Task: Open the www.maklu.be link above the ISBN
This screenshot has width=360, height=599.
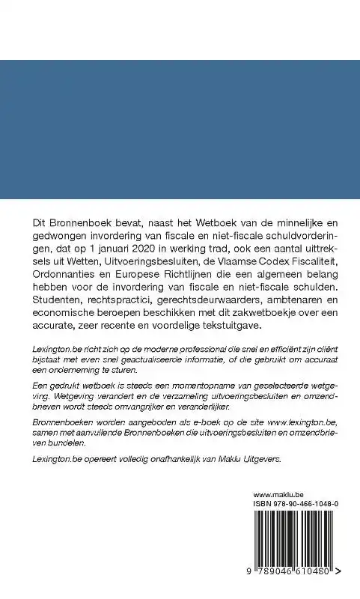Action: click(x=278, y=495)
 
